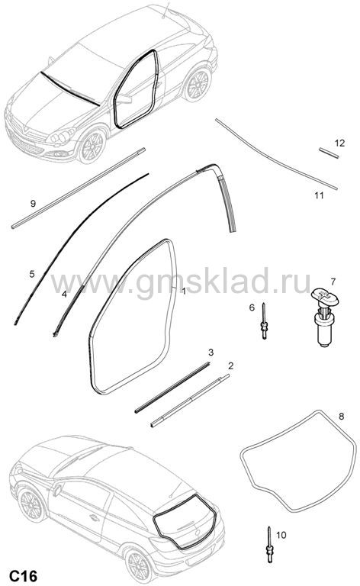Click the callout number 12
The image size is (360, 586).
click(x=339, y=143)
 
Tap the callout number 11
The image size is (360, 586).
click(x=319, y=195)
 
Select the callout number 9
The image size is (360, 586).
click(x=33, y=203)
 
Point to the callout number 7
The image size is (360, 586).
click(x=333, y=281)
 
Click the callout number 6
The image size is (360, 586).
click(x=252, y=307)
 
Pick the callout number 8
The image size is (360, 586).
click(x=342, y=416)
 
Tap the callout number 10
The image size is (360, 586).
click(x=281, y=535)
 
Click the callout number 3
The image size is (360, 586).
click(x=211, y=352)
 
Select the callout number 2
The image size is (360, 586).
click(x=230, y=365)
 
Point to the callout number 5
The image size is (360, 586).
click(x=32, y=274)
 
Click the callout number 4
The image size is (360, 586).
click(x=64, y=294)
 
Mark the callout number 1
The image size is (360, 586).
click(x=184, y=291)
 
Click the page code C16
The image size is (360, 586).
click(x=24, y=575)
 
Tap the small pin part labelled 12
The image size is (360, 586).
click(x=329, y=153)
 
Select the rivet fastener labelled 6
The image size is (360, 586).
click(x=265, y=320)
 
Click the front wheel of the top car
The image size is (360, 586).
click(x=91, y=146)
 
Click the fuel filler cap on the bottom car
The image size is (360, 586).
click(x=57, y=490)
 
